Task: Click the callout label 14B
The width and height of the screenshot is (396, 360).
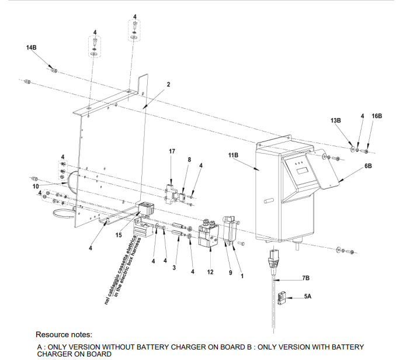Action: tap(32, 47)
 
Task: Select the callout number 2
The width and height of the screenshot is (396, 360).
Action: tap(168, 84)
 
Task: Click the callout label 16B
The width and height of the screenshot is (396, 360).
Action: tap(376, 116)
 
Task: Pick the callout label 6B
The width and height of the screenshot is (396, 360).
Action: tap(368, 166)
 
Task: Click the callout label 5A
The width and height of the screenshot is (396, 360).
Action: tap(308, 297)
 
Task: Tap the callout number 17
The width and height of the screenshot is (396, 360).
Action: tap(172, 151)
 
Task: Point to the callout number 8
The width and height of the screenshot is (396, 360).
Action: tap(189, 159)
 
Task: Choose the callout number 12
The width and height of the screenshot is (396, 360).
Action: tap(210, 272)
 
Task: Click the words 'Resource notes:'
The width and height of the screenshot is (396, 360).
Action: tap(64, 335)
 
